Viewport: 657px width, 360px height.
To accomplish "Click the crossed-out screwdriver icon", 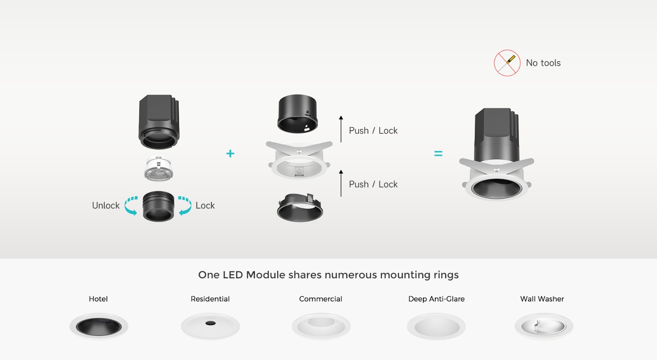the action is [507, 63].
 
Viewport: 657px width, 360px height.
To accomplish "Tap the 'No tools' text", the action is [543, 63].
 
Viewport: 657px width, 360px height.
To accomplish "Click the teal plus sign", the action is [230, 154].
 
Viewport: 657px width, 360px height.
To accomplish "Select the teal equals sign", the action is [438, 154].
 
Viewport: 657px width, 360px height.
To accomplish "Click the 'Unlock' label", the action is [106, 206].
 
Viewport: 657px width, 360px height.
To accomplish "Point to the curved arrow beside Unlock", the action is [131, 206].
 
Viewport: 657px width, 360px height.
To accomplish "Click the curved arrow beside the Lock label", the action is [185, 206].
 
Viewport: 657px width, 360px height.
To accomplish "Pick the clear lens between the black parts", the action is [159, 168].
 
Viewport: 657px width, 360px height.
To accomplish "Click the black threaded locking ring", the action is [159, 206].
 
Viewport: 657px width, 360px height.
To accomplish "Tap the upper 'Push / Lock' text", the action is [373, 131].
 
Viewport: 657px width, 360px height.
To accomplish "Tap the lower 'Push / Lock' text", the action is [373, 184].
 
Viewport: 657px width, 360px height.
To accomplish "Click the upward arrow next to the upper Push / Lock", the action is [341, 129].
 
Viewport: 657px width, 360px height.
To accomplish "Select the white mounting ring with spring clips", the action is [299, 160].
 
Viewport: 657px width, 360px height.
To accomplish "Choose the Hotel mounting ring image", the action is [99, 326].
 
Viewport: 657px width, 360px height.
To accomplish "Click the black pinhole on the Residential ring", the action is [210, 323].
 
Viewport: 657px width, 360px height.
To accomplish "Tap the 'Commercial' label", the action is [321, 299].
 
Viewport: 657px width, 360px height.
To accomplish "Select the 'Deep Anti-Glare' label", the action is [436, 299].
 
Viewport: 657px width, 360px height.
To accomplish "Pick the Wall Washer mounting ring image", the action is [544, 326].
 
